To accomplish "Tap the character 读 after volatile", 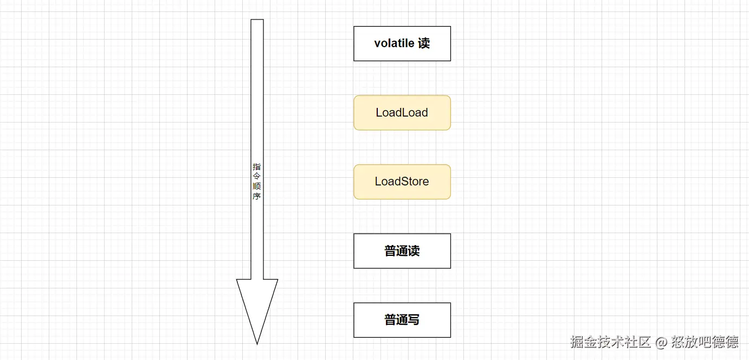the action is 424,43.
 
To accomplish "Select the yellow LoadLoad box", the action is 402,113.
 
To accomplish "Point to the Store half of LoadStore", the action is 415,182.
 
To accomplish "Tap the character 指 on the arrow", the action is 257,167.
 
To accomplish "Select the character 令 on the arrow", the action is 257,177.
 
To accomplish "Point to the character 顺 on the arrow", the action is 257,187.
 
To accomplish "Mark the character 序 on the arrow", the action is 257,196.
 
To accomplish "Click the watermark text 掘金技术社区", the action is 610,342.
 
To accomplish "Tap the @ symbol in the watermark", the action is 661,343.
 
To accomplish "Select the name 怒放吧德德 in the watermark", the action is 704,342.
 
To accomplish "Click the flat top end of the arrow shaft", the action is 257,21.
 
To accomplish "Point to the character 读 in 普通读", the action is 414,251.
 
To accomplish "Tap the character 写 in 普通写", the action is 414,320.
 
